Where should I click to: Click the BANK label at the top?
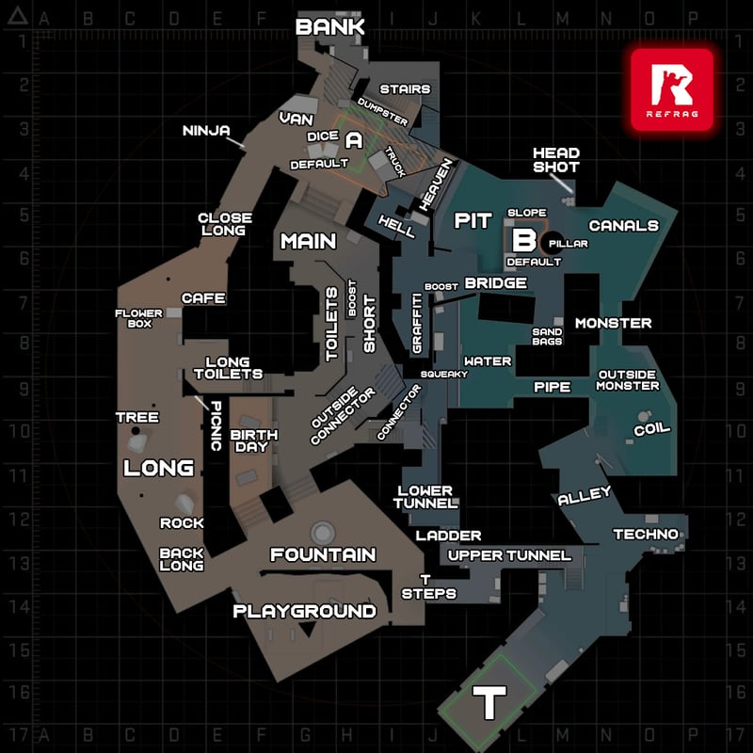[x=330, y=27]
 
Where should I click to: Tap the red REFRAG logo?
[x=672, y=89]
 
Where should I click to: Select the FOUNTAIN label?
[x=323, y=554]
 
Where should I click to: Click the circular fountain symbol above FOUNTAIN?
[x=322, y=533]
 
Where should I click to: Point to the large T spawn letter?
[x=489, y=702]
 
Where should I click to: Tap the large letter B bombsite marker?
[x=524, y=240]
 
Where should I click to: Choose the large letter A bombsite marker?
[x=354, y=140]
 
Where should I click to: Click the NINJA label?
[x=206, y=131]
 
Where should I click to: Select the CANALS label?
[x=624, y=226]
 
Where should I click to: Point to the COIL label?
[x=651, y=429]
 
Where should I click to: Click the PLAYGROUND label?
[x=304, y=611]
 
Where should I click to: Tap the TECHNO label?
[x=646, y=534]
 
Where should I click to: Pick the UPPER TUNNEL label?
[x=509, y=555]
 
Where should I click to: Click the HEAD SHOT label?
[x=556, y=160]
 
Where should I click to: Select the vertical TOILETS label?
[x=332, y=324]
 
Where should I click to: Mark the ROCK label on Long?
[x=182, y=523]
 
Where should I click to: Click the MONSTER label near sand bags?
[x=614, y=323]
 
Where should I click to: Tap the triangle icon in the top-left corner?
[x=18, y=15]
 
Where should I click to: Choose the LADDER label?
[x=448, y=536]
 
